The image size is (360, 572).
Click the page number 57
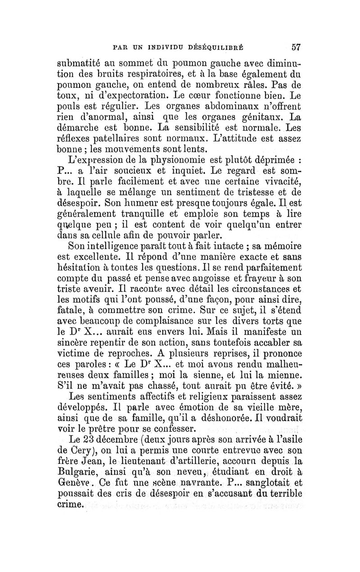(x=296, y=46)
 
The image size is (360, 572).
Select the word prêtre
(x=125, y=427)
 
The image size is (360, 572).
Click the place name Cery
(x=92, y=449)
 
